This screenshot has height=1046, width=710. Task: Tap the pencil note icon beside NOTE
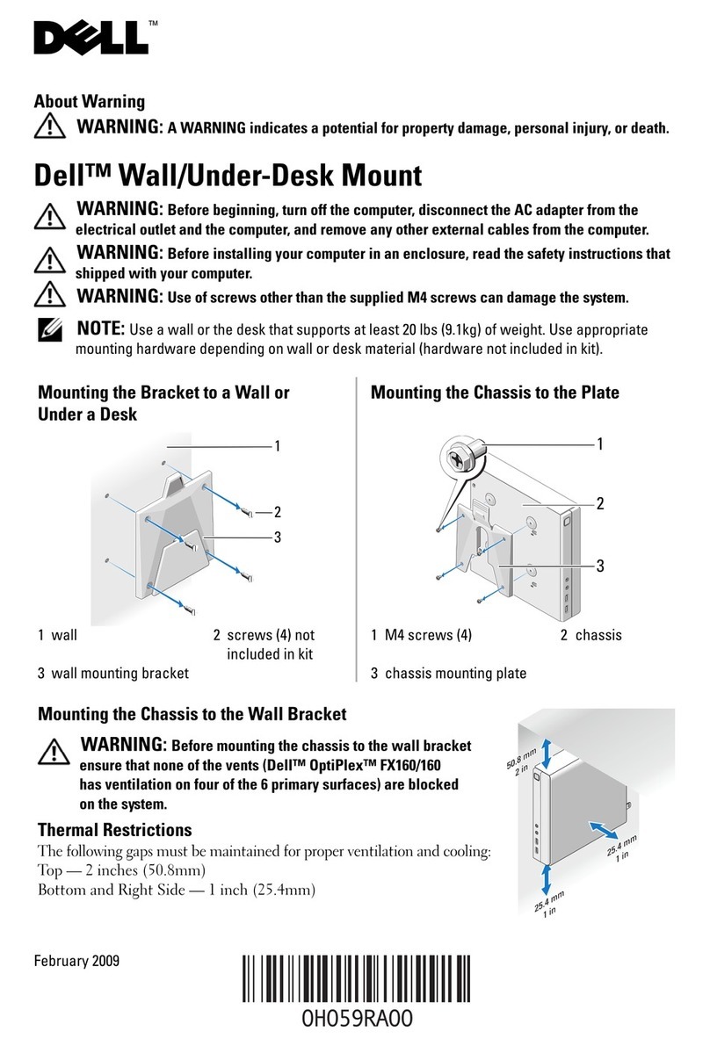pos(52,331)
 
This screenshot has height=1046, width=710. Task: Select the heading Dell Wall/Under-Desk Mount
pos(228,175)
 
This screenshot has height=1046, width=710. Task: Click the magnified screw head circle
pos(461,457)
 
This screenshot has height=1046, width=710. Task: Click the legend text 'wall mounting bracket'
pos(120,674)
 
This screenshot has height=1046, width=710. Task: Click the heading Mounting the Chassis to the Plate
pos(495,393)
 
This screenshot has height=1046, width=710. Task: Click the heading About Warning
pos(89,102)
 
